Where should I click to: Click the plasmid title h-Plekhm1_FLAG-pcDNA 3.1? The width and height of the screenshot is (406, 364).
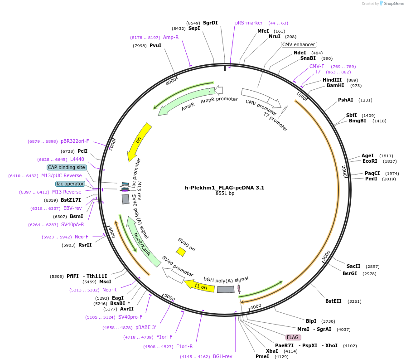click(x=224, y=187)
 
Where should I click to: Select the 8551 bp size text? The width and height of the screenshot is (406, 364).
click(x=225, y=194)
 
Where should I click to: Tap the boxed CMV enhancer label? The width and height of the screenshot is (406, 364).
click(x=299, y=44)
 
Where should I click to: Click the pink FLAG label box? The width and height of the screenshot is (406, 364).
click(x=293, y=337)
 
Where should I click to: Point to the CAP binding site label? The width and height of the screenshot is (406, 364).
click(x=67, y=167)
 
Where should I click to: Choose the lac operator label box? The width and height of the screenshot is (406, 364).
click(x=70, y=184)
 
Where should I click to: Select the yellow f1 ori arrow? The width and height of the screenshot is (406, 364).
click(x=199, y=286)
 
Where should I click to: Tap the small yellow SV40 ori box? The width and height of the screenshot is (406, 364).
click(x=181, y=252)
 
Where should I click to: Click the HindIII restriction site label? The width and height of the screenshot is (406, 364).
click(x=332, y=80)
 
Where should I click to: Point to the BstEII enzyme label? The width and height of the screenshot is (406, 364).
click(x=333, y=301)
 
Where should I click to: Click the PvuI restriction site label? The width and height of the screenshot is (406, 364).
click(x=155, y=45)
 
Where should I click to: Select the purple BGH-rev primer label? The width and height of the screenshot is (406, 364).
click(x=222, y=356)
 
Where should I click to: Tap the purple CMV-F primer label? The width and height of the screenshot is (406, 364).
click(x=317, y=66)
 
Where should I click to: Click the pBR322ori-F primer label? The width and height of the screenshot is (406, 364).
click(x=75, y=141)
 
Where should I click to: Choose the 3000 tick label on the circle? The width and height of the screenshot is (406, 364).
click(x=326, y=256)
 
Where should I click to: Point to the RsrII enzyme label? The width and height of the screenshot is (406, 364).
click(x=85, y=245)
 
